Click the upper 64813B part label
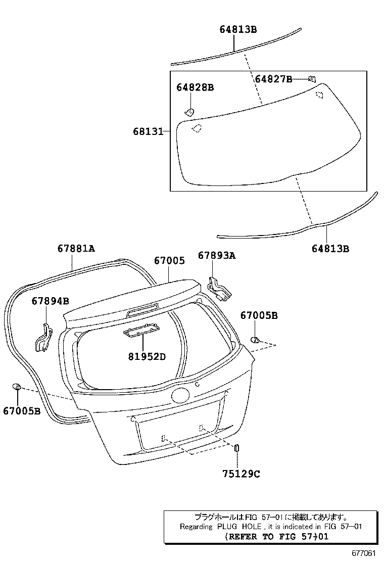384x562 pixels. coord(238,29)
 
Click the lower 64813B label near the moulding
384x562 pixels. coord(330,248)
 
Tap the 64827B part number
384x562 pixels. coord(273,79)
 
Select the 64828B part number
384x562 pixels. coord(195,87)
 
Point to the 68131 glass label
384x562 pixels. coord(148,131)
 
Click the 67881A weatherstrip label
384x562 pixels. coord(76,248)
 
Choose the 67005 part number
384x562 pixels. coord(169,261)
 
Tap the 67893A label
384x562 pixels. coord(217,256)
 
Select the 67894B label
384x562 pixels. coord(50,301)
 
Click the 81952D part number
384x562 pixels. coord(147,356)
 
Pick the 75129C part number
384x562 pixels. coord(241,474)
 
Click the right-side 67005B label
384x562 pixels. coord(259,315)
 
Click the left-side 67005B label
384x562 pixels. coord(21,411)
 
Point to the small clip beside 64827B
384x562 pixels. coord(312,79)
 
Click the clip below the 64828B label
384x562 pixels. coord(189,112)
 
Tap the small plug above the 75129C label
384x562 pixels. coord(236,448)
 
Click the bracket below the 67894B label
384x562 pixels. coord(42,338)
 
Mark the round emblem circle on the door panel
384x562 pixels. coord(179,394)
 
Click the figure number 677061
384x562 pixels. coord(364,553)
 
